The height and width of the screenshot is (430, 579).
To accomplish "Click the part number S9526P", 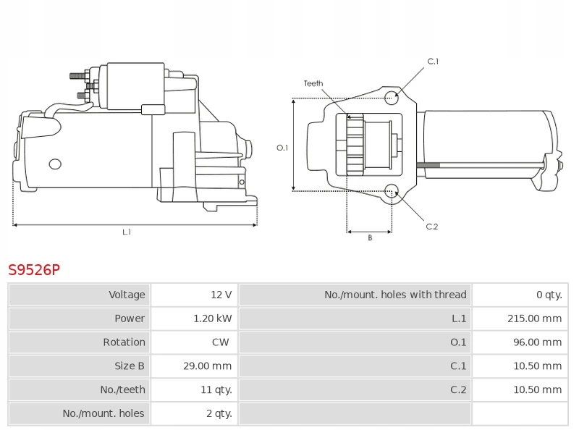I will point(34,270).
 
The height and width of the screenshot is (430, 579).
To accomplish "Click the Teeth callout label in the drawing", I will point(313,83).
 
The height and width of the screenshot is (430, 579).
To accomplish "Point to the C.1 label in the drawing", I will point(433,62).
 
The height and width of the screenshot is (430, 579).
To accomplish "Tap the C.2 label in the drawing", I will point(432,227).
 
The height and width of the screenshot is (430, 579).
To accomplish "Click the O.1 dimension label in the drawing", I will point(282,148).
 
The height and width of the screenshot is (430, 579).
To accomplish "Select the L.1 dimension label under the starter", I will point(126,232).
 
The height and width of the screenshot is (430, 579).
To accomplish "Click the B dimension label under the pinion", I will point(370,237).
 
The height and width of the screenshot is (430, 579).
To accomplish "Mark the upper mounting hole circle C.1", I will point(392,98).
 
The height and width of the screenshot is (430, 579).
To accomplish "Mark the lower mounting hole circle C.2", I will point(392,191).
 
